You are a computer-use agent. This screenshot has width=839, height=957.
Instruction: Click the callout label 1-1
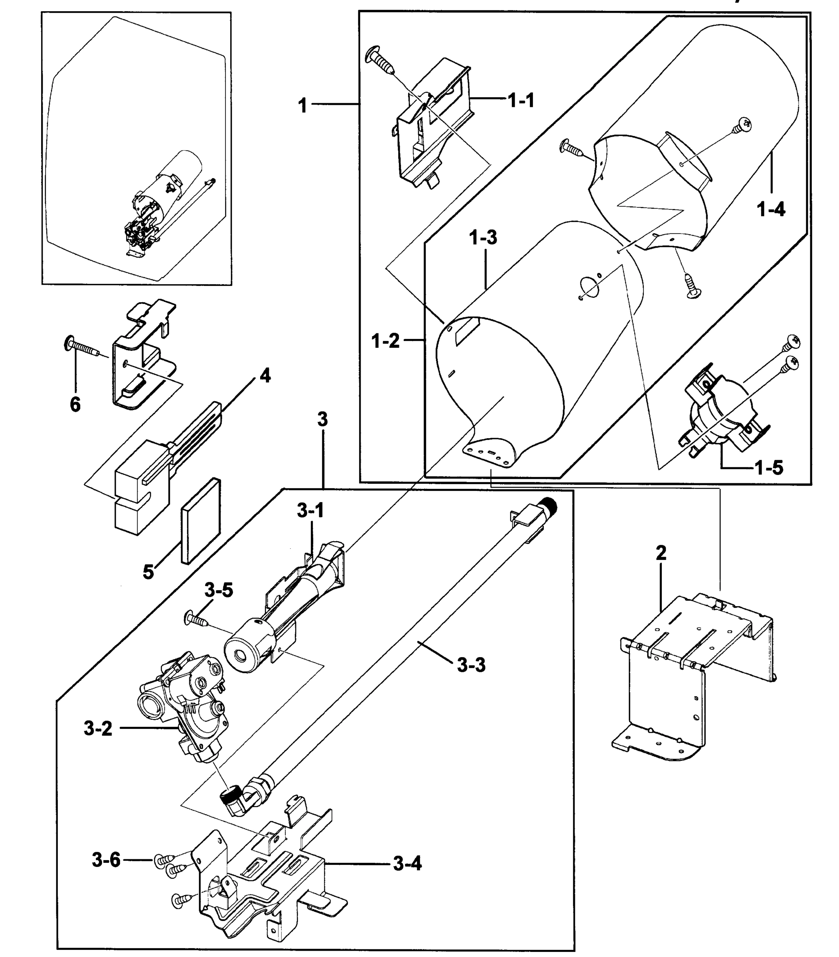tap(521, 100)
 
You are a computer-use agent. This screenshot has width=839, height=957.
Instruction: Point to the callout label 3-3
tap(471, 665)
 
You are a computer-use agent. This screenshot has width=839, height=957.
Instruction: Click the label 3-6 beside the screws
tap(106, 860)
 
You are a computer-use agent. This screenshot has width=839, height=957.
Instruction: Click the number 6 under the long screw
tap(75, 404)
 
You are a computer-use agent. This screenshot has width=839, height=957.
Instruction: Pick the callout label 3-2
tap(98, 729)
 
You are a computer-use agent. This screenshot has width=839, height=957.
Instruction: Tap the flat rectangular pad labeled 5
tap(200, 521)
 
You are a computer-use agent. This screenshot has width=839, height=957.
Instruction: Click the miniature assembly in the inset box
tap(159, 206)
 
